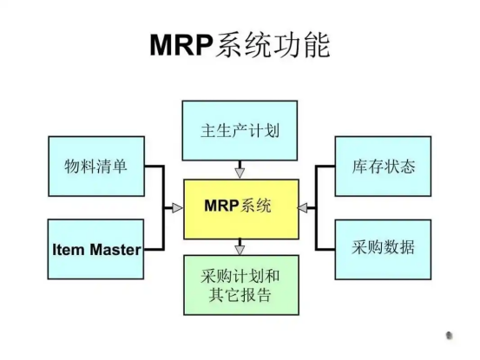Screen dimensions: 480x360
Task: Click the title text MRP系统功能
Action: (240, 45)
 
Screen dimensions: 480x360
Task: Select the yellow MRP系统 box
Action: (241, 209)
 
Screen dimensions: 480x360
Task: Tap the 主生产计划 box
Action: (240, 131)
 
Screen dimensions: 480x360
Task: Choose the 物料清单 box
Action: (96, 167)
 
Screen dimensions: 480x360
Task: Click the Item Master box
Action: (95, 249)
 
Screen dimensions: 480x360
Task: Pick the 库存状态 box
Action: (383, 167)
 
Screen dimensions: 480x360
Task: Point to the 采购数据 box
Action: (383, 250)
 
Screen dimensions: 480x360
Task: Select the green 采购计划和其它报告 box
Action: (241, 285)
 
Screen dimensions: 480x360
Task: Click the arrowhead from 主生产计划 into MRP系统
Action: (240, 173)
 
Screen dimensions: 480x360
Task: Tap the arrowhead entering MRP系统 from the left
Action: (178, 208)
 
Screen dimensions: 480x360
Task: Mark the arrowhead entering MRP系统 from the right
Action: (303, 208)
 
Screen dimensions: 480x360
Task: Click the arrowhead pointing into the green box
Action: (240, 250)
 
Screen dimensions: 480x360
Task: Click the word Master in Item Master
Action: (115, 250)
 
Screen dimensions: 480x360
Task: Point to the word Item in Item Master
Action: (69, 250)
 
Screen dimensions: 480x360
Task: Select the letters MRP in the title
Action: (181, 45)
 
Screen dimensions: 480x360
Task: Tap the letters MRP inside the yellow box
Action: (221, 206)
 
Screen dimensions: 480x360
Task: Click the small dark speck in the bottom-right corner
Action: (449, 336)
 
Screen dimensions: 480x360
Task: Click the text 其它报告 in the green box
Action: (240, 296)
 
